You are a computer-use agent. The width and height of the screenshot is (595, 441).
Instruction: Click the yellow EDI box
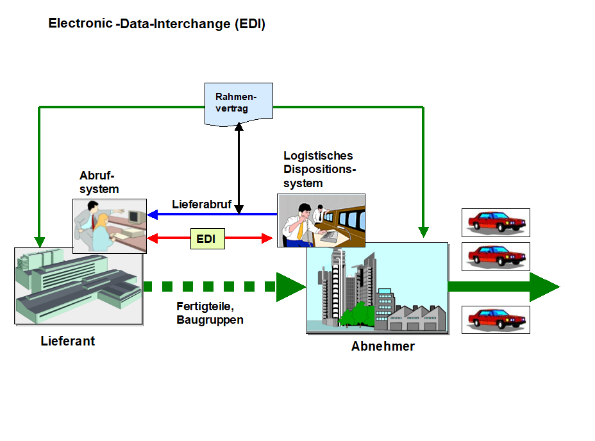tap(206, 239)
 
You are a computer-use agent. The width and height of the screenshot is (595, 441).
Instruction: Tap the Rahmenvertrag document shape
tap(238, 103)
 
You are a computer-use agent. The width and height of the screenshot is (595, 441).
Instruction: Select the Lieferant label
tap(67, 341)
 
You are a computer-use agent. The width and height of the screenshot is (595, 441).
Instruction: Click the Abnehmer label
tap(383, 347)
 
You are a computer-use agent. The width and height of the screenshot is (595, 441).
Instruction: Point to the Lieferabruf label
tap(201, 204)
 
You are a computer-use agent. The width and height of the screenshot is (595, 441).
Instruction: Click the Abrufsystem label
tap(99, 182)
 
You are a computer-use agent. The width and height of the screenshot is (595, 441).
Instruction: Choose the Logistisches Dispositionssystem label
tap(319, 169)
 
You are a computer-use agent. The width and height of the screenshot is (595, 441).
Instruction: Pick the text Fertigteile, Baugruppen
tap(210, 313)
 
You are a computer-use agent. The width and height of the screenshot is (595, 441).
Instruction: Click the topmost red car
tap(496, 222)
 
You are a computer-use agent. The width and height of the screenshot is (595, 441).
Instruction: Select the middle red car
tap(496, 256)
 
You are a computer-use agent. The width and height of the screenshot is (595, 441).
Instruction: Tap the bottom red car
tap(496, 319)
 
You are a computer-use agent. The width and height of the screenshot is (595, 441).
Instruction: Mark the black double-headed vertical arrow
tap(239, 167)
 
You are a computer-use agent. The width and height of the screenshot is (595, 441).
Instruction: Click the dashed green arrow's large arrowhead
tap(290, 287)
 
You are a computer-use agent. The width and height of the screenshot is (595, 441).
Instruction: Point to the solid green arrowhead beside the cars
tap(544, 287)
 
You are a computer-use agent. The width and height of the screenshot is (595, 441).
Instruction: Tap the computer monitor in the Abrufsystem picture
tap(135, 218)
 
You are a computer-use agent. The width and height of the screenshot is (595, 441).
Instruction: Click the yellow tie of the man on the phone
tap(299, 229)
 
